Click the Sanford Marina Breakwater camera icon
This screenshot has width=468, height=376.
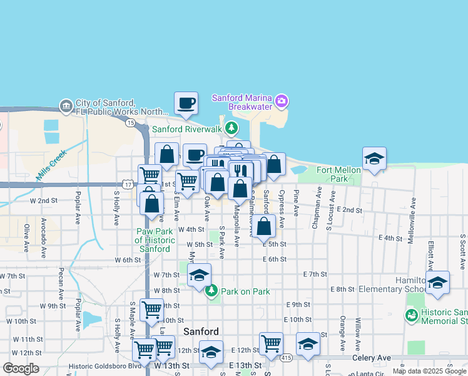(x=281, y=100)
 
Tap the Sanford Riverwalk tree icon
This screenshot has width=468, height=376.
(x=232, y=128)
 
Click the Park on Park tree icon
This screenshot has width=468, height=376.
(x=211, y=291)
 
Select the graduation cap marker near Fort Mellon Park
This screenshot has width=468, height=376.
(x=374, y=159)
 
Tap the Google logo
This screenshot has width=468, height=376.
(x=21, y=368)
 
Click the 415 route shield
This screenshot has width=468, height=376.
(x=286, y=358)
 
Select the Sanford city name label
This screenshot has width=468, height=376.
(x=201, y=332)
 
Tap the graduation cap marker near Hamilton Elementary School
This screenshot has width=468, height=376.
(x=437, y=283)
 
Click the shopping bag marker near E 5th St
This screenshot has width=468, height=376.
(x=265, y=226)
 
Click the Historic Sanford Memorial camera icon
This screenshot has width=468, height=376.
(x=411, y=316)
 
